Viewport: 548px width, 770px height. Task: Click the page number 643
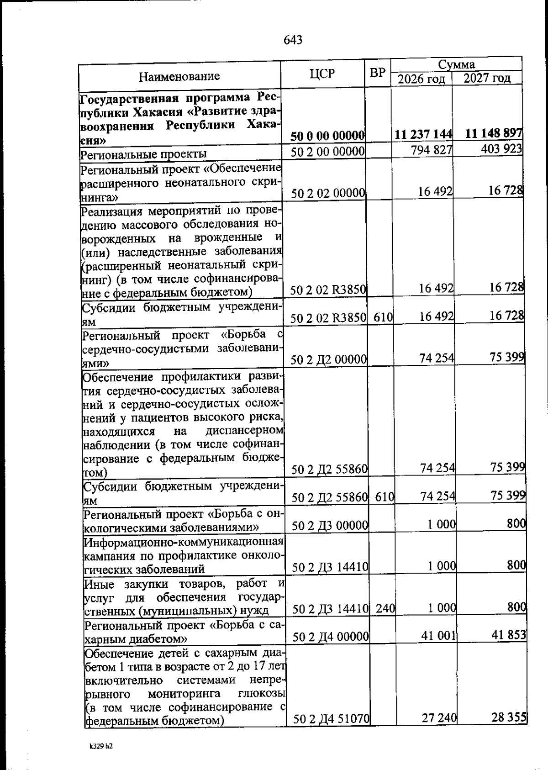(x=293, y=40)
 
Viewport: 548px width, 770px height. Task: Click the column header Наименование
(x=179, y=76)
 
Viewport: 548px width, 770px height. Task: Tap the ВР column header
(x=377, y=73)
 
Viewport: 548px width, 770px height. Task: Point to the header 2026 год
(x=421, y=79)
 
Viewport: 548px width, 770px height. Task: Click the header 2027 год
(x=487, y=78)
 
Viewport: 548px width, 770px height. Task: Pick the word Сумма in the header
(x=456, y=64)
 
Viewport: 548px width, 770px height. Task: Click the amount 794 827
(x=431, y=150)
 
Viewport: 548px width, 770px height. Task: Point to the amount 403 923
(x=501, y=149)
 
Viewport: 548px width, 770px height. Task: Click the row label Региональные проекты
(x=143, y=153)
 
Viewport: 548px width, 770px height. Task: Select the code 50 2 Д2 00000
(x=329, y=360)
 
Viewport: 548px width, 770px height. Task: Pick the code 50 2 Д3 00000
(x=330, y=526)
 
